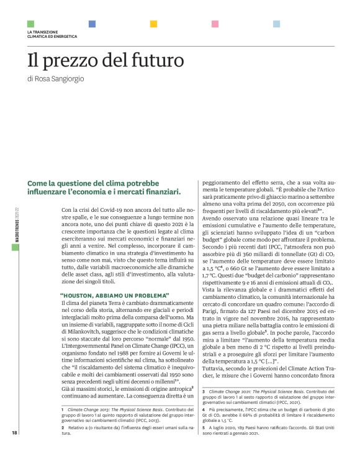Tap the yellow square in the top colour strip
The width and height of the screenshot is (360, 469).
(x=153, y=24)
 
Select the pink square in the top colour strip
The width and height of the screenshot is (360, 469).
(x=215, y=24)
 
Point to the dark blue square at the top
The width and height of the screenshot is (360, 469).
(x=92, y=24)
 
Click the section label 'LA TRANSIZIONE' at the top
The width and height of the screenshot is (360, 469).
(x=42, y=32)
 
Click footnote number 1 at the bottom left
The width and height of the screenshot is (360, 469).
(x=63, y=411)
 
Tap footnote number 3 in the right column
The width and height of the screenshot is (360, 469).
(x=204, y=392)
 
